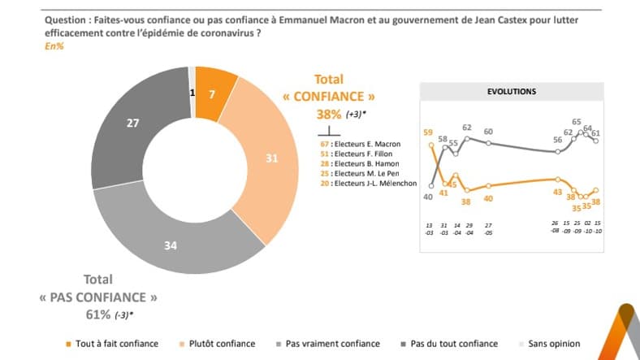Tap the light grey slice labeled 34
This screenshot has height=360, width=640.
coord(171,244)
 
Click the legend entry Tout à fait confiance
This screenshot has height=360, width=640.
coord(114,344)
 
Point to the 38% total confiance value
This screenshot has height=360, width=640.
coord(329,115)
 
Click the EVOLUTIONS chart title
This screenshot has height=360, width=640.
coord(511,92)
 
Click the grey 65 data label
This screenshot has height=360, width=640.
coord(577,122)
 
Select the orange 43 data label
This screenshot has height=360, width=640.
coord(557,192)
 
